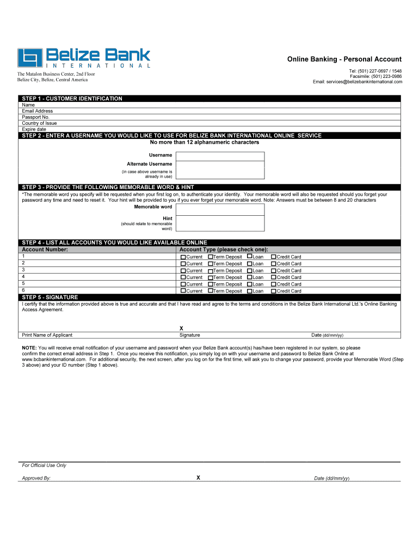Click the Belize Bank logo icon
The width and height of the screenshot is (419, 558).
tap(30, 58)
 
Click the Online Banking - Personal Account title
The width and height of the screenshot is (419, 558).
tap(344, 59)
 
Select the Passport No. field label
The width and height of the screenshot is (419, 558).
tap(36, 117)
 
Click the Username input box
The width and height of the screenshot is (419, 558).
tap(220, 156)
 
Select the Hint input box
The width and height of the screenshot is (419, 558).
tap(220, 223)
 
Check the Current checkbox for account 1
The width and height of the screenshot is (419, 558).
tap(183, 257)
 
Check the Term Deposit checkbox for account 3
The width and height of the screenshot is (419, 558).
tap(210, 271)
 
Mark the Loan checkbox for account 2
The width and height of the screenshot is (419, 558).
tap(250, 263)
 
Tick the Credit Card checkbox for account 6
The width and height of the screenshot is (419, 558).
tap(274, 291)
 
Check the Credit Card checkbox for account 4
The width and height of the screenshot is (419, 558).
tap(274, 277)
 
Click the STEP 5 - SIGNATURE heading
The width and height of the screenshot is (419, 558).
tap(50, 298)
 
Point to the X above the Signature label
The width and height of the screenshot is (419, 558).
tap(181, 329)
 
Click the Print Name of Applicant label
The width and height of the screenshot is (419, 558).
tap(47, 335)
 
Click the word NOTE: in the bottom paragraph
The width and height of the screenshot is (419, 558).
tap(29, 348)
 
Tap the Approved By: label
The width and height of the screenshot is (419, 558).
tap(36, 478)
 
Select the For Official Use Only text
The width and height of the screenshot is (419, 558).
tap(44, 465)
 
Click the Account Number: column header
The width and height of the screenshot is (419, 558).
tap(45, 250)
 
